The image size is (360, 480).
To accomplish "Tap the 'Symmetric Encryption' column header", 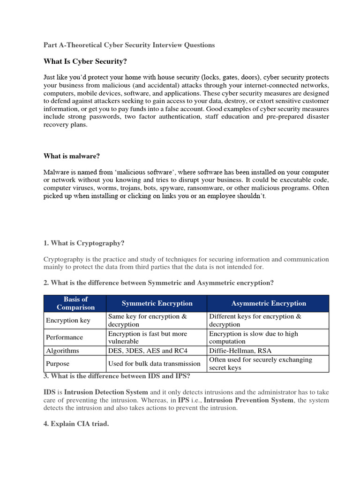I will point(157,303).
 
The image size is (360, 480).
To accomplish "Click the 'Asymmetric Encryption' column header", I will point(269,303).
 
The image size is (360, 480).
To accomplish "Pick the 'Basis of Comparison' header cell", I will point(75,303).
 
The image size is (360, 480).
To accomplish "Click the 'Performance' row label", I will point(64,337).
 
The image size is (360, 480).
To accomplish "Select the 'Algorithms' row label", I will point(62,351).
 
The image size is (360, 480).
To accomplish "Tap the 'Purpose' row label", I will point(58,363).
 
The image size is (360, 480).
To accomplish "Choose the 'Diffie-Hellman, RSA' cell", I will point(240,351).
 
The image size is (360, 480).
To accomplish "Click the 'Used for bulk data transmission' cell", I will point(154,363).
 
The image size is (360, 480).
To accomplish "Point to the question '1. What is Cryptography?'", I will point(84,243).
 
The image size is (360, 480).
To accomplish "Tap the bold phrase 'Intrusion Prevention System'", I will point(249,400).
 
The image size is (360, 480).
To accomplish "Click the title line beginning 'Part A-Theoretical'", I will point(129,45).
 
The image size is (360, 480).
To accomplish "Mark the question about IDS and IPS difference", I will point(117,376).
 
